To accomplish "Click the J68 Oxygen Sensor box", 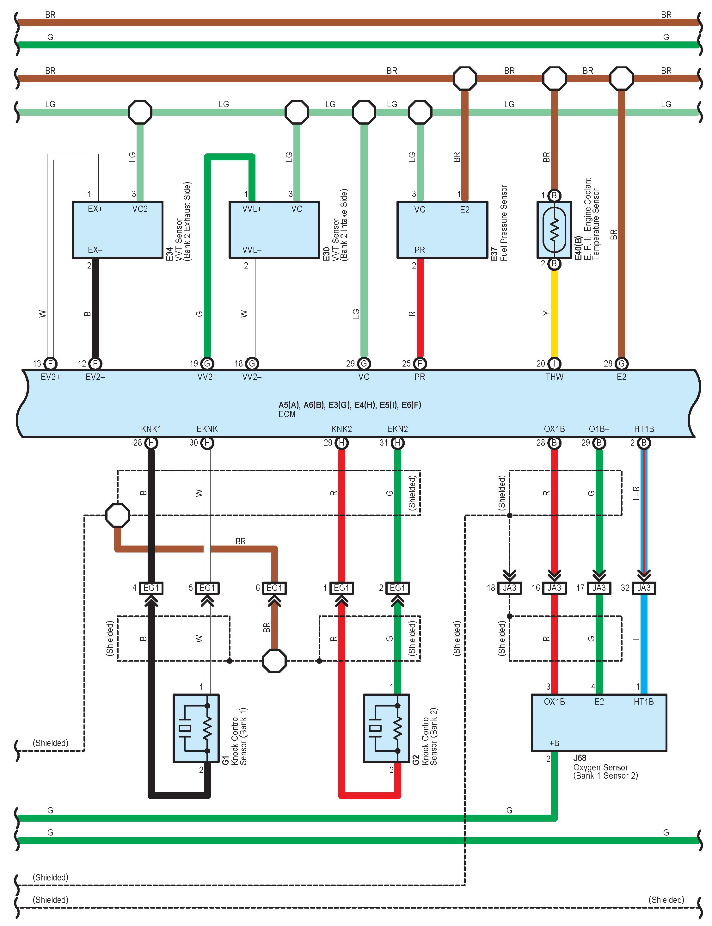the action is tap(599, 722).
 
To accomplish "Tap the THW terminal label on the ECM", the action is tap(554, 377).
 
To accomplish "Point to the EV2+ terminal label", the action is tap(51, 377).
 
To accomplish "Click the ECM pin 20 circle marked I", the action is tap(554, 363).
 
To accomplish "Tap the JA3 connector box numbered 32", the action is tap(644, 588).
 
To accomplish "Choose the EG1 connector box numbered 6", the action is tap(274, 588).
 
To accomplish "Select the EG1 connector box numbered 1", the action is tap(341, 588).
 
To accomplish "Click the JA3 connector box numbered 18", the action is tap(509, 588).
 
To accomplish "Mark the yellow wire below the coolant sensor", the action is tap(554, 313).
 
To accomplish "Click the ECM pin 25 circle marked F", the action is tap(420, 363).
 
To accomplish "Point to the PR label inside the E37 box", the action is tap(420, 250).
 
